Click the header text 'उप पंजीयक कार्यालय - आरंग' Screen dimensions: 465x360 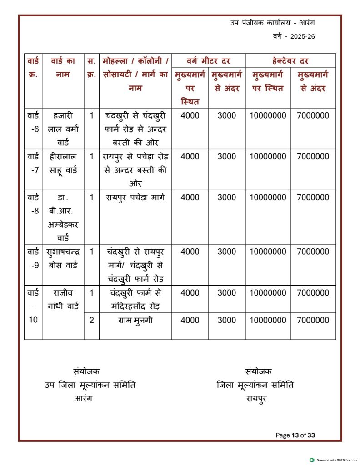[273, 23]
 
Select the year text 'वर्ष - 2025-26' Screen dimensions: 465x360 [294, 37]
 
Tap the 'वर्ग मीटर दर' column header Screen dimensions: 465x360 [208, 61]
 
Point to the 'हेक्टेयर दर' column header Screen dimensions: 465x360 [290, 61]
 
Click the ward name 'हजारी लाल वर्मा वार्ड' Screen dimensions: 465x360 [63, 129]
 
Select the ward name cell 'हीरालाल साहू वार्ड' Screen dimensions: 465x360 [63, 163]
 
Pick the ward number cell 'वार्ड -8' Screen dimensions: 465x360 [33, 204]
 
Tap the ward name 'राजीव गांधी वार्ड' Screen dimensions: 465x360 [63, 300]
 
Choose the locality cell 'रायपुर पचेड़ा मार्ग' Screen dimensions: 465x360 [135, 198]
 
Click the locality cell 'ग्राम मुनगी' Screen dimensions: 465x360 [135, 320]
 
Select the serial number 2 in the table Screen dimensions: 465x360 [91, 320]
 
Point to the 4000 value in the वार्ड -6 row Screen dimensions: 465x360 [190, 115]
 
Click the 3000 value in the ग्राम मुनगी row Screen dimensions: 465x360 [227, 320]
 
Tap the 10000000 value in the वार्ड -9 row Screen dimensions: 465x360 [268, 252]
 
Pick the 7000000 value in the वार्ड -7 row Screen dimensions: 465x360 [313, 157]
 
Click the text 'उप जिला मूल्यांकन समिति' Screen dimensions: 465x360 [90, 385]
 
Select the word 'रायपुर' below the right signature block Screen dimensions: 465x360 [256, 399]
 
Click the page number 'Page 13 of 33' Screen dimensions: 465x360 [295, 435]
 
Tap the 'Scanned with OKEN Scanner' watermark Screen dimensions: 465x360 [334, 460]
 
